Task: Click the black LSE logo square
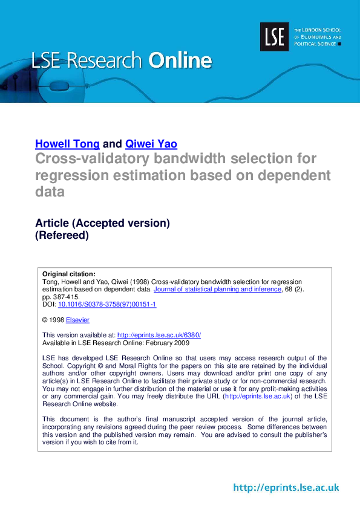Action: [275, 36]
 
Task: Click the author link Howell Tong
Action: [67, 144]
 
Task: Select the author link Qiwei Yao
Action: [151, 144]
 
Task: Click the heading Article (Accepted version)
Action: [102, 222]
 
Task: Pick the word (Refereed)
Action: [62, 235]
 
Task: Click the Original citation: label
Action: [69, 274]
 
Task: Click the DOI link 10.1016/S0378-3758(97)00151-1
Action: [107, 304]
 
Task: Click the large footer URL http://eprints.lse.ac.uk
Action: [286, 488]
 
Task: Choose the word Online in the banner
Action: [180, 60]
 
